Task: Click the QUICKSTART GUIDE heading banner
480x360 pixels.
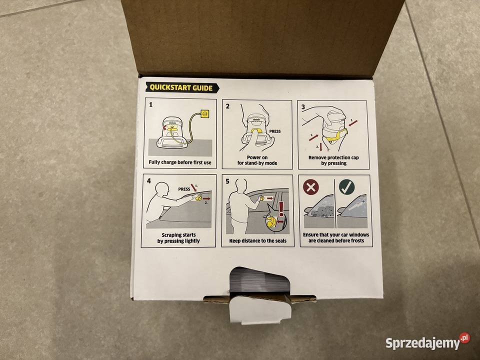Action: pos(182,88)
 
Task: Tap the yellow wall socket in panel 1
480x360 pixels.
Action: pos(204,114)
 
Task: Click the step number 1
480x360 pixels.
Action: pos(150,104)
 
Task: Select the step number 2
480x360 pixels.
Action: pos(228,106)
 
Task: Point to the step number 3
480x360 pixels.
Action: pos(303,107)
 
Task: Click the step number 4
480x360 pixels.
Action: pos(149,181)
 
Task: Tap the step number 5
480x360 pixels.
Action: pos(227,181)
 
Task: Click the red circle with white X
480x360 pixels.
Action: pos(310,187)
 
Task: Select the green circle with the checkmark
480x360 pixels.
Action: pos(347,186)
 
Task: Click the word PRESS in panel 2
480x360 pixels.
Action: pos(275,131)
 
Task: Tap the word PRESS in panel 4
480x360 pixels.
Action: pos(184,189)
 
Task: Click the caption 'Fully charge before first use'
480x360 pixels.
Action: pos(180,162)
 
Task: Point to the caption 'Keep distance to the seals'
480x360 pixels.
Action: pos(258,241)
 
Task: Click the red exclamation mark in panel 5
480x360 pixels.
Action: pos(281,209)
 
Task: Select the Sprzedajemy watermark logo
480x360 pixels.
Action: pos(427,342)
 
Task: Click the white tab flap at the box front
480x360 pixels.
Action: pos(260,309)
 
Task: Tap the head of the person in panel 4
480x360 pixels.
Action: pos(162,189)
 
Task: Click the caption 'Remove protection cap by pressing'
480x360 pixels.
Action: pos(333,160)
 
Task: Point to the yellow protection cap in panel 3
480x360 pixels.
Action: pos(336,136)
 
